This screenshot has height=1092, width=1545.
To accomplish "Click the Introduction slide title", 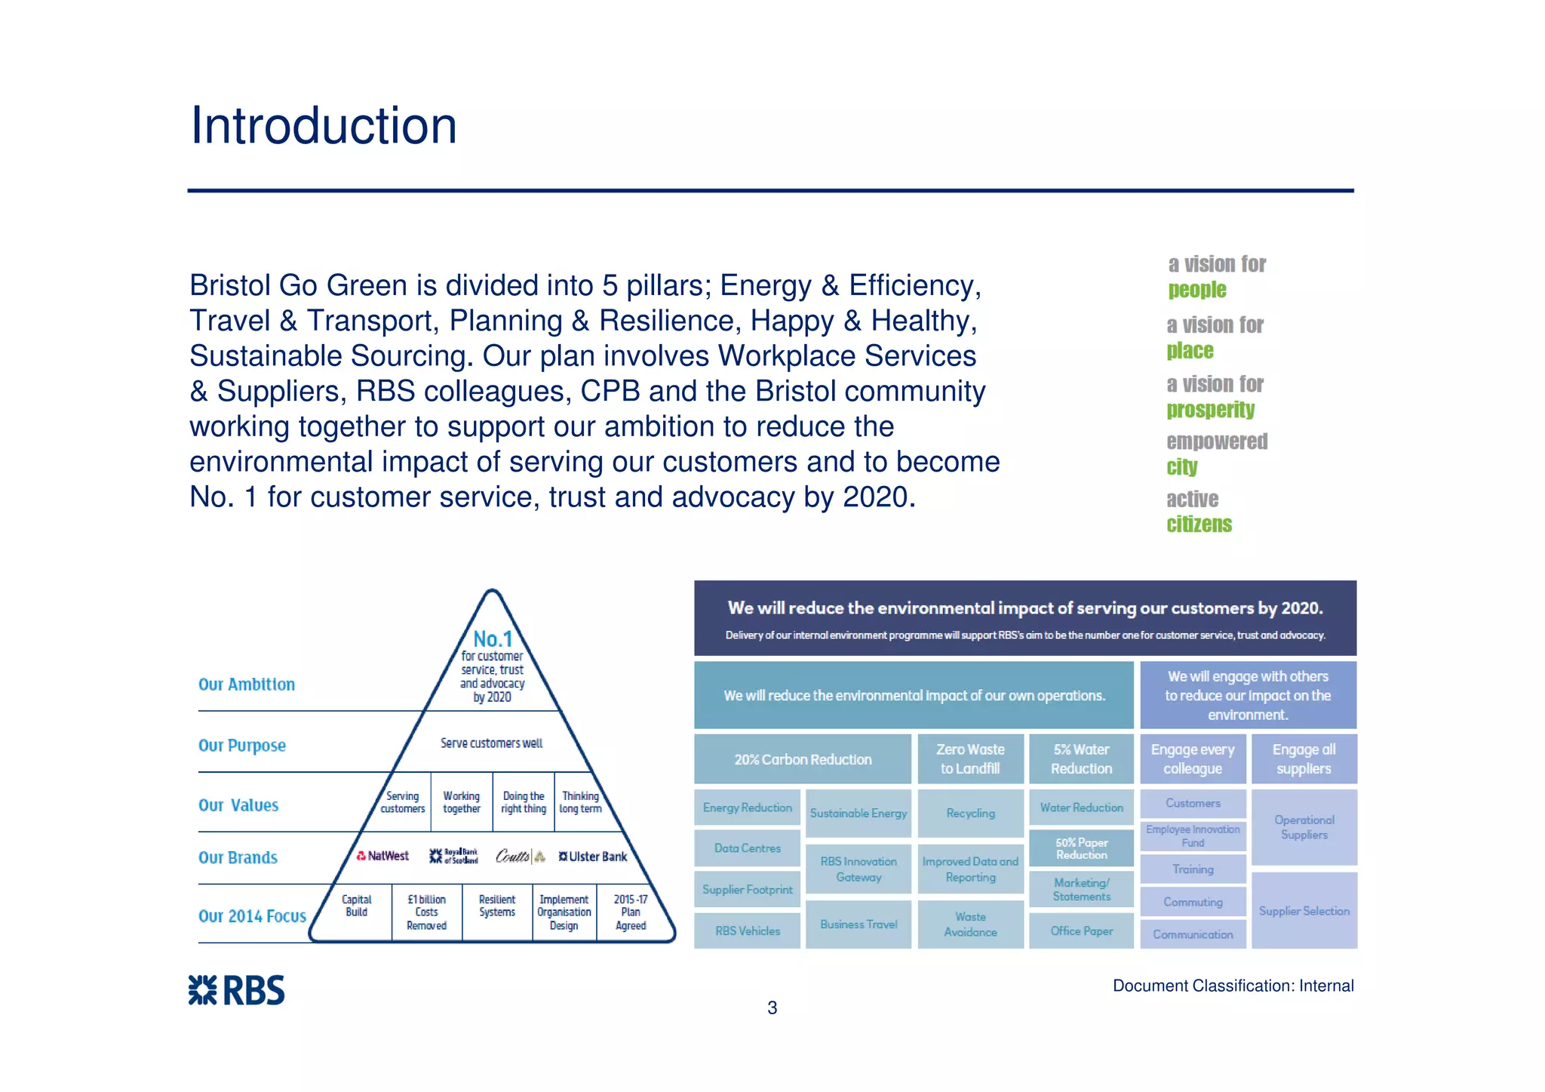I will tap(324, 125).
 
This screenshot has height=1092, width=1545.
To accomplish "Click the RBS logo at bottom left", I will tap(236, 990).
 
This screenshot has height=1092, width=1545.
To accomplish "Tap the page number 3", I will tap(772, 1007).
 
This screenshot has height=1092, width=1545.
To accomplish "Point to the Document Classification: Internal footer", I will tap(1233, 986).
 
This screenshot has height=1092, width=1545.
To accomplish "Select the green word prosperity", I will tap(1210, 410).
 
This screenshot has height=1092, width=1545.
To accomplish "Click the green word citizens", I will tap(1199, 524).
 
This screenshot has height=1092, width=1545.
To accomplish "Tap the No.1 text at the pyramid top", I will tap(493, 638).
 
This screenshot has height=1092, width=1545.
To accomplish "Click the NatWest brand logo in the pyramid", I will tap(382, 856).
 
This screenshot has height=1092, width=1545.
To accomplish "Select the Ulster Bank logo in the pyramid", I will tap(593, 857).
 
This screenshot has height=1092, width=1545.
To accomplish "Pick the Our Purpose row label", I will tap(242, 746).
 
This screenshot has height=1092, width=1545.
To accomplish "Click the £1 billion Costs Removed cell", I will tap(426, 912).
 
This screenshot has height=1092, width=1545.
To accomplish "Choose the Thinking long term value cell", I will tap(580, 802).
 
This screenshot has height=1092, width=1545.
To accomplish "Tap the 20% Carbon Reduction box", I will tap(803, 759).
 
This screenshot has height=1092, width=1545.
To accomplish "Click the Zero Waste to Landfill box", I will tap(970, 759).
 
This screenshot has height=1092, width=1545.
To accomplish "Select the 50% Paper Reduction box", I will tap(1081, 848).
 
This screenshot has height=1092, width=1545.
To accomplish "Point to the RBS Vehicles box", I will tap(747, 931).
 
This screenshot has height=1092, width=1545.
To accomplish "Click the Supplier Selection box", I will tap(1304, 911).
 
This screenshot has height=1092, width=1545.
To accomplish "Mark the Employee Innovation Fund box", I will tap(1192, 835).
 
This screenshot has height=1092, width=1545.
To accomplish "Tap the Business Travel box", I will tap(859, 924).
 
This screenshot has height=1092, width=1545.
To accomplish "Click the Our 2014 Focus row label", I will tap(252, 916).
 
